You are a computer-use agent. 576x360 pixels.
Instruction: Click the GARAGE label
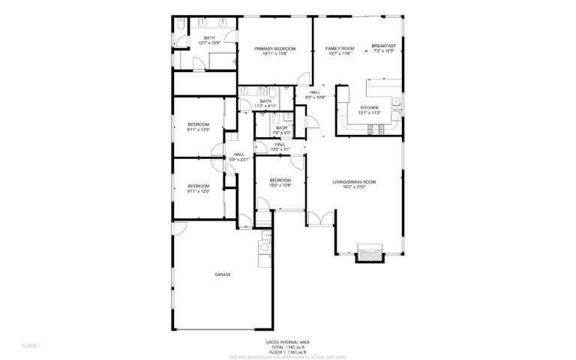[x=223, y=275]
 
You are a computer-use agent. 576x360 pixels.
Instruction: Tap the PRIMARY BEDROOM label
[x=275, y=49]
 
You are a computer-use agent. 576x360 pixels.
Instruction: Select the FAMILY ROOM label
[x=340, y=49]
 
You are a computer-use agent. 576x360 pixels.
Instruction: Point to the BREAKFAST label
[x=384, y=46]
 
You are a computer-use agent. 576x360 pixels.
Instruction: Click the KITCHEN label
[x=370, y=108]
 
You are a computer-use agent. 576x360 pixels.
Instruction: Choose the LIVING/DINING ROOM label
[x=354, y=181]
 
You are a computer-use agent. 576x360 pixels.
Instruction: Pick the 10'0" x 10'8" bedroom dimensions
[x=280, y=186]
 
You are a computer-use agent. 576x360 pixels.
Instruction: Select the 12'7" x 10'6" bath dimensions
[x=210, y=43]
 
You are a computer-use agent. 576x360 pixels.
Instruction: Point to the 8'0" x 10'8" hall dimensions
[x=315, y=97]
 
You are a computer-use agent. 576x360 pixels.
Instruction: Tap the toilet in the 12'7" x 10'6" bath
[x=181, y=26]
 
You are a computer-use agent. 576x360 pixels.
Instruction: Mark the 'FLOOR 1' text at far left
[x=31, y=346]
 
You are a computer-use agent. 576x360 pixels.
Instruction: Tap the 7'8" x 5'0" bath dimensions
[x=281, y=133]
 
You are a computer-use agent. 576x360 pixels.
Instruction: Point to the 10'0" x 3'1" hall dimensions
[x=280, y=149]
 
